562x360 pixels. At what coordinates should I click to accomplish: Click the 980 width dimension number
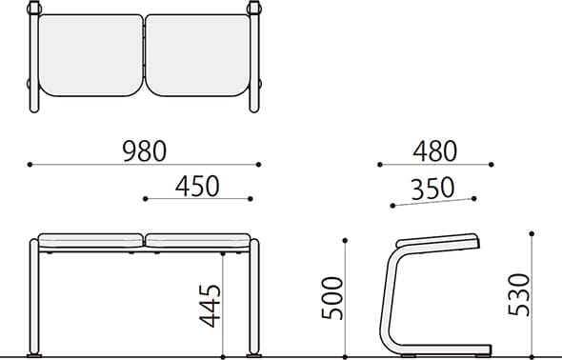(x=145, y=151)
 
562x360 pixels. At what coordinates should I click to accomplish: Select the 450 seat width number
(x=197, y=187)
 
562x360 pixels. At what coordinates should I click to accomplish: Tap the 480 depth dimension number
(x=434, y=151)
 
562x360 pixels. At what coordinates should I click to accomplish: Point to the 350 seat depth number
(x=432, y=189)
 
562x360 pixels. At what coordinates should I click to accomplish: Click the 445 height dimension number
(x=211, y=306)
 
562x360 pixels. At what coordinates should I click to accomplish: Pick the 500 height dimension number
(x=332, y=298)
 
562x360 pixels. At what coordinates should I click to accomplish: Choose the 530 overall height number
(x=518, y=295)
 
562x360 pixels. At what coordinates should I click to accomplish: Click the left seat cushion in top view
(x=90, y=55)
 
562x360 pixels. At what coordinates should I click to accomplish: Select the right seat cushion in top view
(x=198, y=55)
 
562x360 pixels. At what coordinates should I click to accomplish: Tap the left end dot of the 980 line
(x=30, y=165)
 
